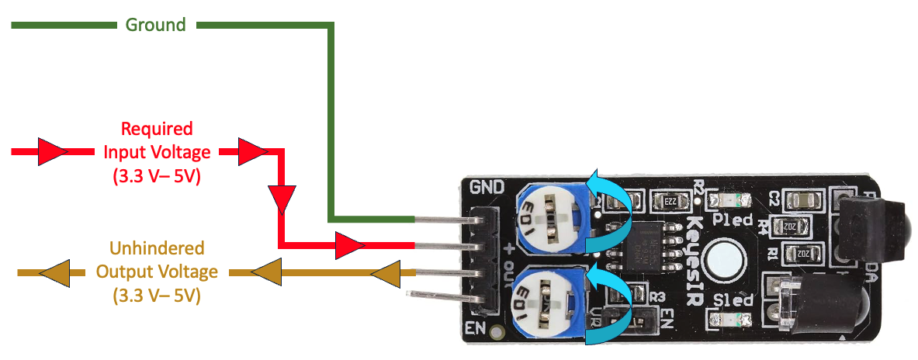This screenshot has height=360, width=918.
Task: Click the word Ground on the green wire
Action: click(156, 25)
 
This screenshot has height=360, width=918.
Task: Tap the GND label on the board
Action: click(487, 186)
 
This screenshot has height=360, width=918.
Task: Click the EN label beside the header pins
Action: click(475, 327)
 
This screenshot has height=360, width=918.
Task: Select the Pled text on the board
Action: click(732, 220)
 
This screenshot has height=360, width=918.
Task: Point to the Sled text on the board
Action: click(729, 301)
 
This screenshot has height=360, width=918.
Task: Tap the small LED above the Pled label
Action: click(732, 201)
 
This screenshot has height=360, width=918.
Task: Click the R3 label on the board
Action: click(658, 296)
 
